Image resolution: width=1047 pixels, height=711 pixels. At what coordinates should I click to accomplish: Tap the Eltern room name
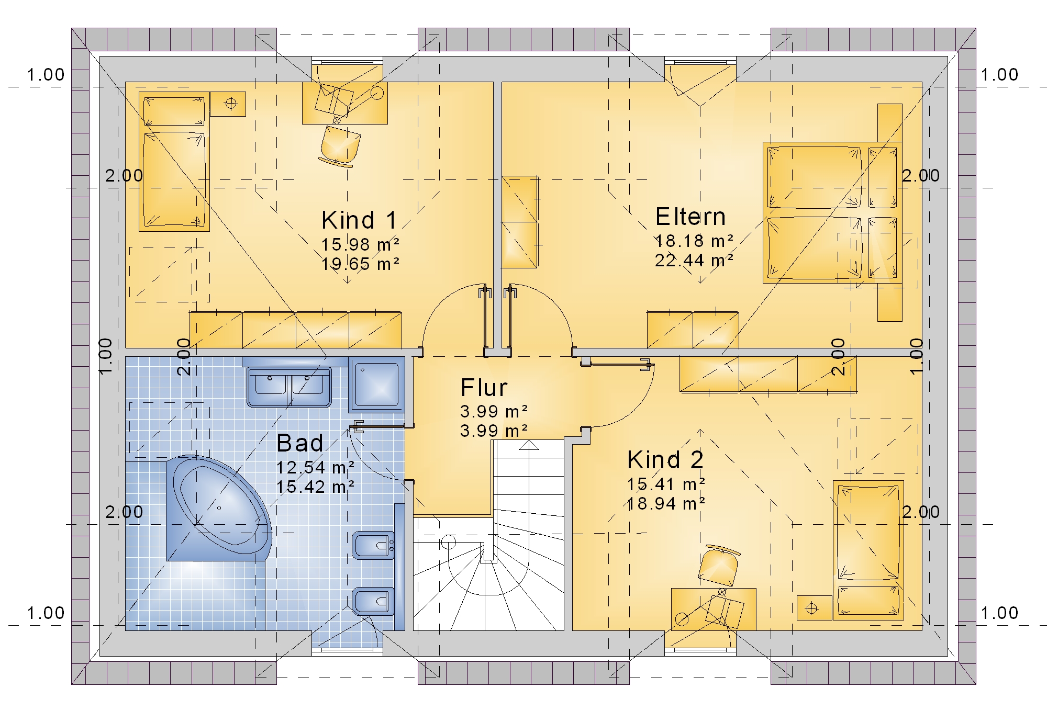pyautogui.click(x=690, y=217)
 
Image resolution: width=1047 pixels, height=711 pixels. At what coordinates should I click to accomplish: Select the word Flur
pyautogui.click(x=484, y=388)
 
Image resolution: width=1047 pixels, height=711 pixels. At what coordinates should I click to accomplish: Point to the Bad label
pyautogui.click(x=300, y=443)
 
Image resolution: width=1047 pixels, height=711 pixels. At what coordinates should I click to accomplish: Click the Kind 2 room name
pyautogui.click(x=665, y=460)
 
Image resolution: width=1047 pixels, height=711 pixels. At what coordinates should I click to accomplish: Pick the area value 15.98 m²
pyautogui.click(x=361, y=244)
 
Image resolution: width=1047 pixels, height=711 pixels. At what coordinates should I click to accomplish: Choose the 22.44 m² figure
pyautogui.click(x=694, y=260)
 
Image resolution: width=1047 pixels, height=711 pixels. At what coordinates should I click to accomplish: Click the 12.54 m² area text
pyautogui.click(x=315, y=467)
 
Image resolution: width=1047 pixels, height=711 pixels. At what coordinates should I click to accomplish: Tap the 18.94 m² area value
pyautogui.click(x=666, y=503)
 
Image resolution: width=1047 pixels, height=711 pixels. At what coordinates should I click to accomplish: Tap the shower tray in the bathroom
pyautogui.click(x=377, y=385)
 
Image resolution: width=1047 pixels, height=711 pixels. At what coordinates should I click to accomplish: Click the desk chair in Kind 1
pyautogui.click(x=340, y=146)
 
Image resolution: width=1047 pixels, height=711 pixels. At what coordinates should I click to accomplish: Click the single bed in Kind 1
pyautogui.click(x=174, y=162)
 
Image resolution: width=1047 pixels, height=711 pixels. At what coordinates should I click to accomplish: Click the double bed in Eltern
pyautogui.click(x=832, y=212)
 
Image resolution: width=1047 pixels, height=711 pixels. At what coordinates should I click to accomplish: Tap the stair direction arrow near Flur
pyautogui.click(x=529, y=445)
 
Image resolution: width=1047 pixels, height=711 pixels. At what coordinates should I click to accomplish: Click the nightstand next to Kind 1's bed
pyautogui.click(x=228, y=104)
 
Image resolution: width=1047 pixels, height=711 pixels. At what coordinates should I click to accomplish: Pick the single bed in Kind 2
pyautogui.click(x=868, y=550)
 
